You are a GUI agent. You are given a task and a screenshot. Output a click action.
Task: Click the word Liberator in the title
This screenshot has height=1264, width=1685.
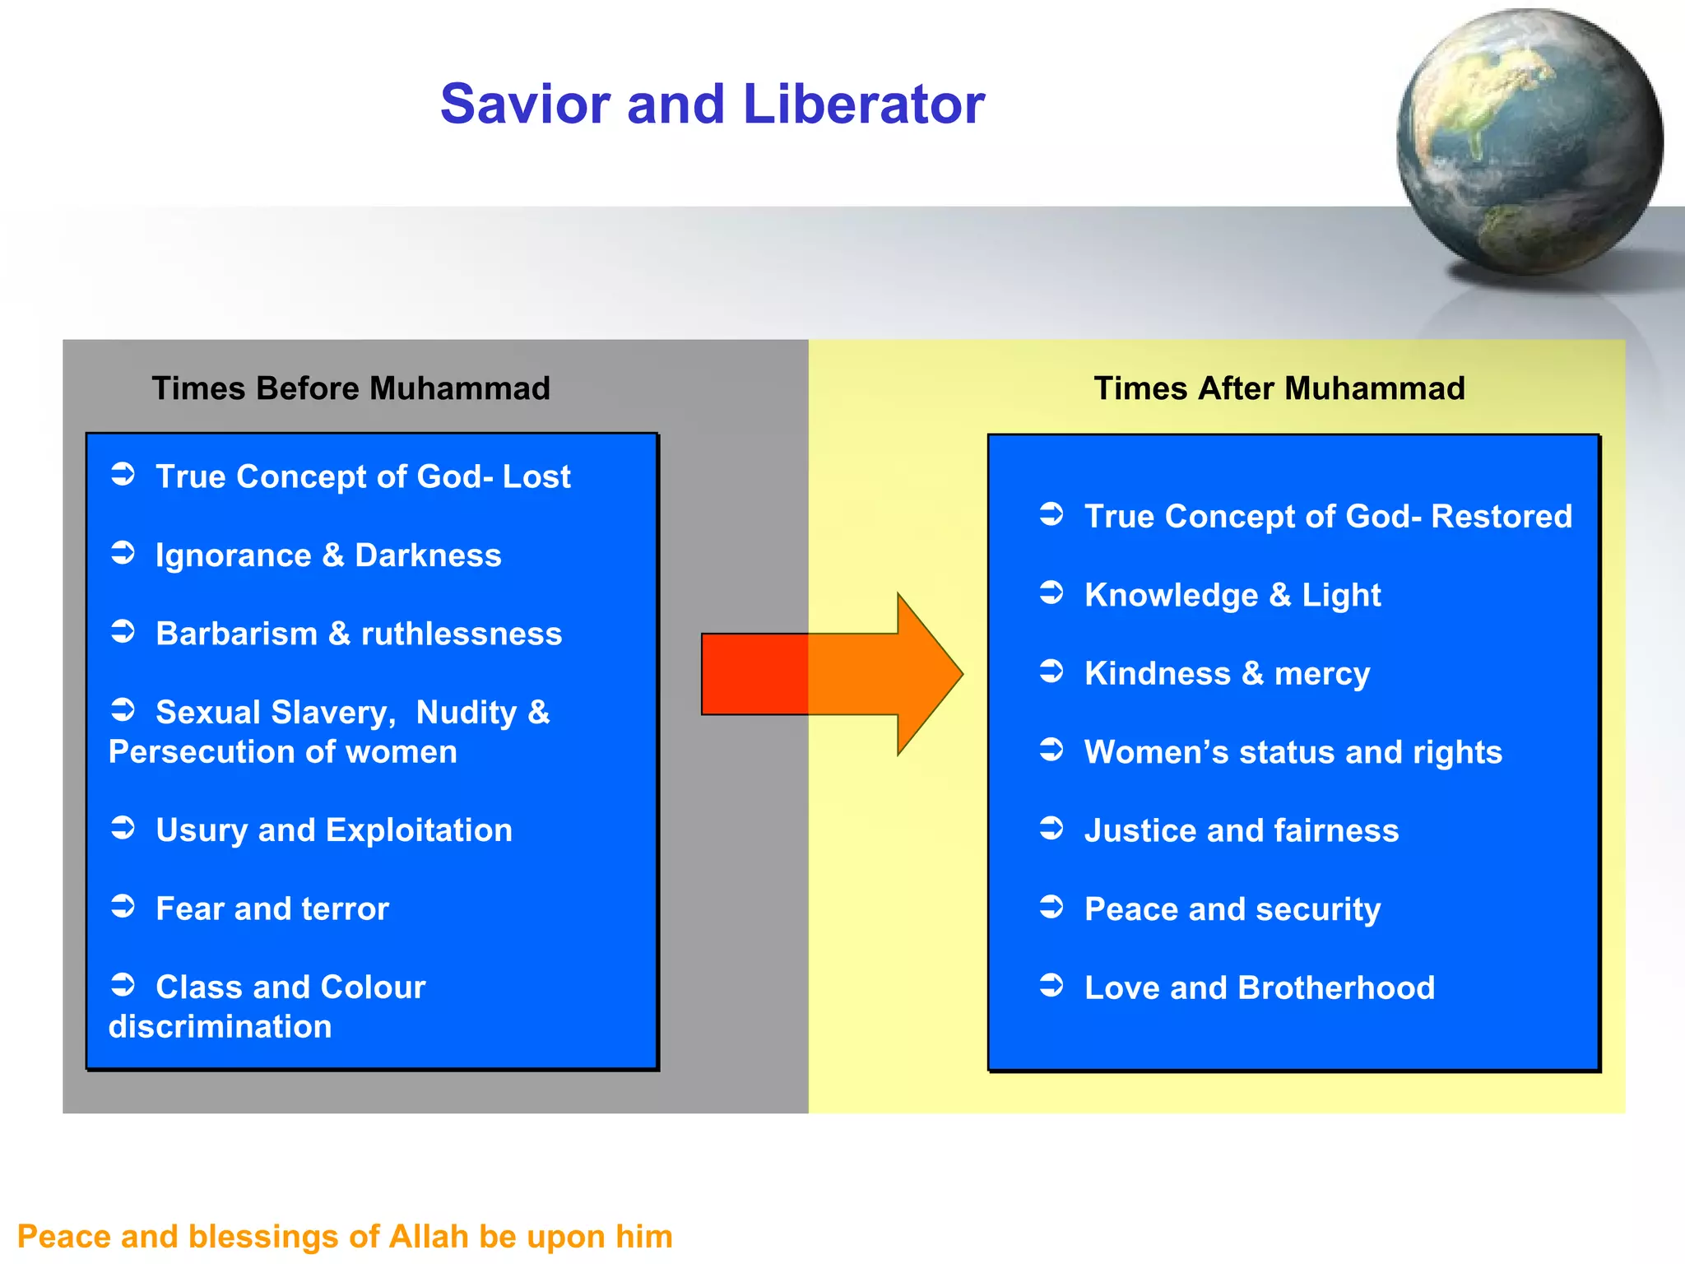(x=863, y=105)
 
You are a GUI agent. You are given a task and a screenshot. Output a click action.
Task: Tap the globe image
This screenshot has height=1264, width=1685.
(x=1529, y=142)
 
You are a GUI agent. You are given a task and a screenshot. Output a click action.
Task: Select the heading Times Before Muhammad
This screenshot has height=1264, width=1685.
(x=350, y=388)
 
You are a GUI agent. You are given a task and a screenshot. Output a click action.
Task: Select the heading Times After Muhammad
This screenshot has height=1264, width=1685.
(x=1279, y=388)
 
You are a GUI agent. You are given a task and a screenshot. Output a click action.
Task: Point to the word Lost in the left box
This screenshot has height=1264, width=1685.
(x=536, y=476)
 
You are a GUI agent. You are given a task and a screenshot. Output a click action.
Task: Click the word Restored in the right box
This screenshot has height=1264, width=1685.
(x=1502, y=517)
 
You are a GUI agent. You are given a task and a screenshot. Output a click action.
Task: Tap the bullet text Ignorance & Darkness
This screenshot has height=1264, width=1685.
(x=328, y=555)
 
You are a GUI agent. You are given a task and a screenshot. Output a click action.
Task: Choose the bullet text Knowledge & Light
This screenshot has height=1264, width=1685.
(x=1232, y=595)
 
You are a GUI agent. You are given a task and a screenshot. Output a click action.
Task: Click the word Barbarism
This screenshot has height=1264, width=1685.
(x=236, y=634)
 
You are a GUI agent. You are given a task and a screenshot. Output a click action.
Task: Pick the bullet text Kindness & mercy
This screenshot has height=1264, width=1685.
(x=1227, y=674)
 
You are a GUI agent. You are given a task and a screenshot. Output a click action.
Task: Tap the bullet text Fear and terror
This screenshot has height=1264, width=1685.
(x=272, y=909)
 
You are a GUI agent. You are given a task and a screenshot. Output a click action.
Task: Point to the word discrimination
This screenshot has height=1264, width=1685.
(x=220, y=1027)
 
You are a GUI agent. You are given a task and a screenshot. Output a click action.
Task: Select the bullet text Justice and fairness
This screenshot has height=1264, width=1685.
(x=1241, y=831)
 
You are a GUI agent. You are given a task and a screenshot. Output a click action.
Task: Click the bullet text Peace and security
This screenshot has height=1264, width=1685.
(x=1232, y=909)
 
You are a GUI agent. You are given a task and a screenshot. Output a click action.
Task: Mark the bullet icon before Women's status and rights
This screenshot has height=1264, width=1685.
(x=1051, y=750)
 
